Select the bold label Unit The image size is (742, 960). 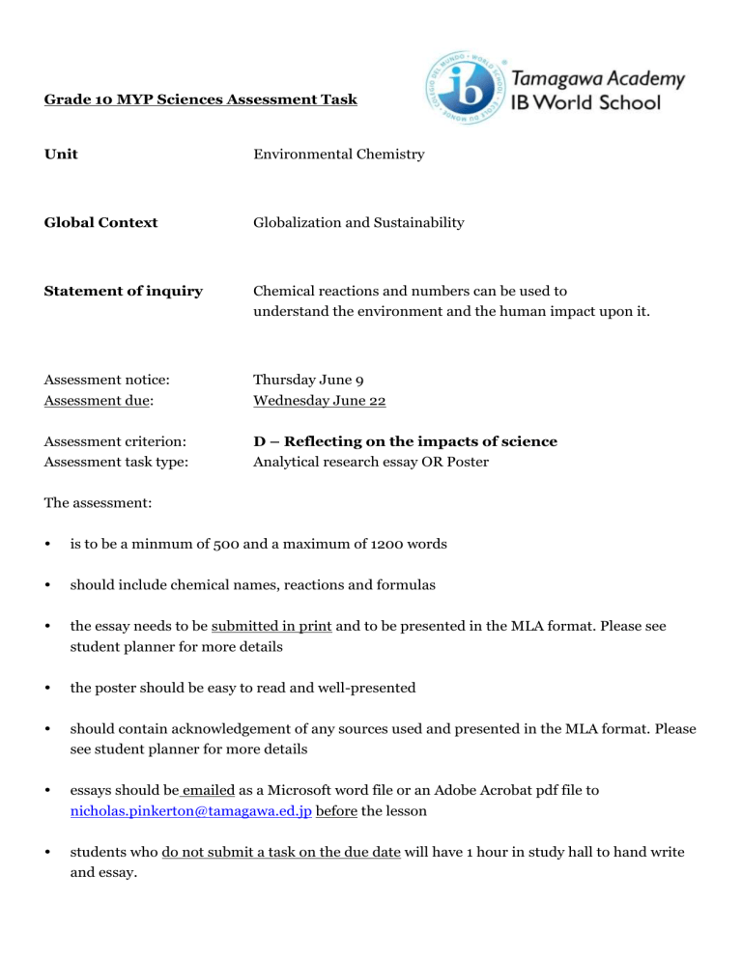pyautogui.click(x=62, y=155)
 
